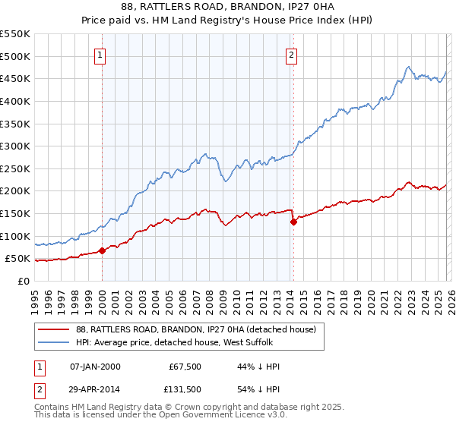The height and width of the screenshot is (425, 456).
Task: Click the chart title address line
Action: click(x=227, y=7)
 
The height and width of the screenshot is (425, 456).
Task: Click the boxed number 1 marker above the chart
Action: click(x=101, y=54)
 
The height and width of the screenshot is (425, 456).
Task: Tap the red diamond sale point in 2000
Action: click(x=102, y=250)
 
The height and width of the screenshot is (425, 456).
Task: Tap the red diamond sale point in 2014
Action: click(x=293, y=222)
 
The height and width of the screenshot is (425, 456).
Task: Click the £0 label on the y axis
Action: click(x=23, y=281)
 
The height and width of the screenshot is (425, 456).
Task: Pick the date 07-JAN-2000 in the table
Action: click(x=95, y=367)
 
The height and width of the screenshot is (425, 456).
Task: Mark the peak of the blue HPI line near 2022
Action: click(x=409, y=66)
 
